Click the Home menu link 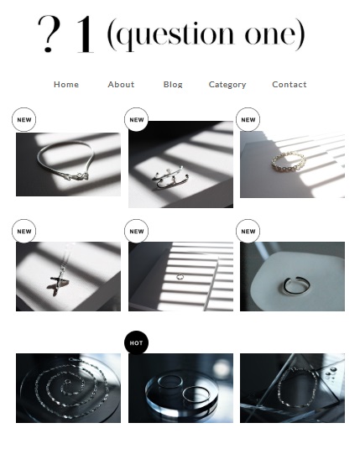(x=66, y=85)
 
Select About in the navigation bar (x=121, y=85)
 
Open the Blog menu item (x=173, y=85)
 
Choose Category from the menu (x=227, y=85)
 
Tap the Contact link (x=290, y=85)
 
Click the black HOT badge (x=136, y=342)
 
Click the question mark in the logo (x=49, y=34)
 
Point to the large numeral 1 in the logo (x=85, y=34)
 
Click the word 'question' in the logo (x=175, y=34)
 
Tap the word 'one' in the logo (x=270, y=35)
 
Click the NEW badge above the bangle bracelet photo (x=23, y=120)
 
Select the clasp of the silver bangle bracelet (x=76, y=177)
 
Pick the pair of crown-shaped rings (x=170, y=177)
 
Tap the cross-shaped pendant (x=60, y=281)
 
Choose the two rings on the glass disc (x=183, y=389)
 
